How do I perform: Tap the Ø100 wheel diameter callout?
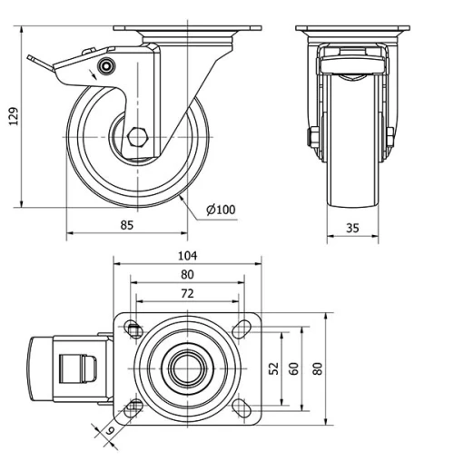click(221, 210)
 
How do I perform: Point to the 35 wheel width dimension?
click(351, 228)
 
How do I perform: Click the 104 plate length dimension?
click(188, 256)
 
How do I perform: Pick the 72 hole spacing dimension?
click(188, 294)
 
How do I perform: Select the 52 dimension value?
click(273, 368)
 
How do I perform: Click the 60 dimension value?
click(294, 368)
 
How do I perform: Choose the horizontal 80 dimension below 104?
click(188, 275)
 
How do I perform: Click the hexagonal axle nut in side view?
click(138, 138)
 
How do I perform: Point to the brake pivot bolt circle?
click(108, 67)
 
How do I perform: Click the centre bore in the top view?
click(188, 368)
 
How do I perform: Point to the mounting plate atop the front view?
click(351, 28)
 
